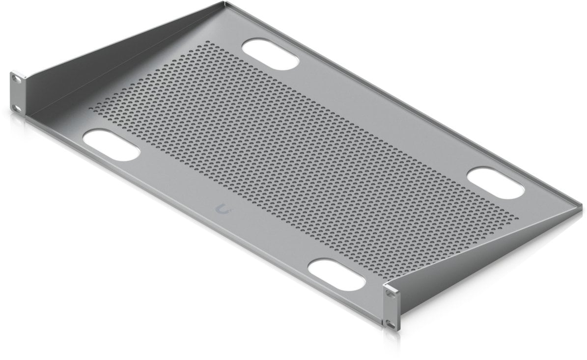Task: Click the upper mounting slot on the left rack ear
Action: pyautogui.click(x=18, y=78)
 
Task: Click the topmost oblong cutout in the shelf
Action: pyautogui.click(x=271, y=55)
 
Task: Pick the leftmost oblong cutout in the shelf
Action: pyautogui.click(x=112, y=144)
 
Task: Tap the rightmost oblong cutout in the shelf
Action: pyautogui.click(x=495, y=183)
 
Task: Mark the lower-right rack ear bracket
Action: pyautogui.click(x=391, y=308)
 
